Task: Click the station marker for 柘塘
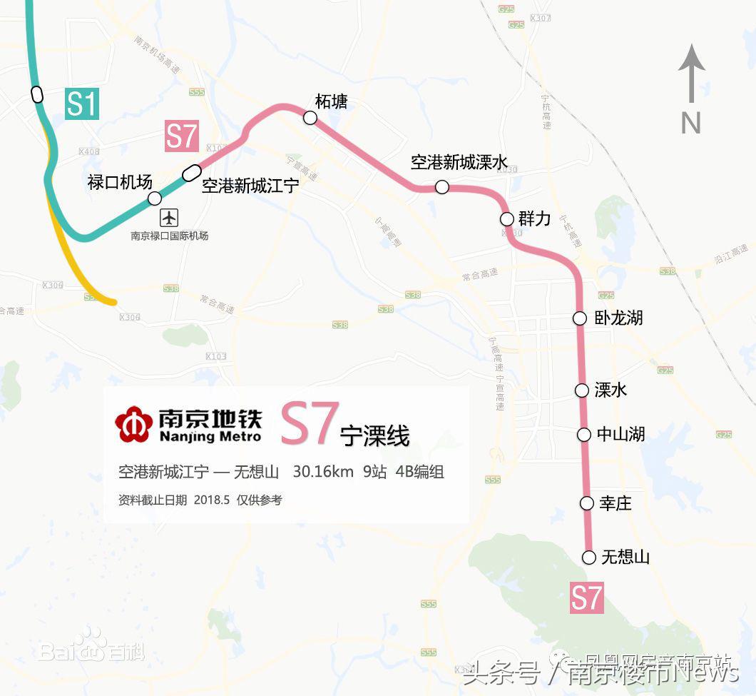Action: (310, 118)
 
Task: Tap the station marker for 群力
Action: (506, 218)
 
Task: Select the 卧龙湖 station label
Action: (618, 318)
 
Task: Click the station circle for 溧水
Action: (583, 390)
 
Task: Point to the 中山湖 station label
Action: (620, 433)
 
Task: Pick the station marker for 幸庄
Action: (586, 503)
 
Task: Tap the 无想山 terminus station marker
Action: (589, 558)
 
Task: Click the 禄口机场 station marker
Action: (154, 198)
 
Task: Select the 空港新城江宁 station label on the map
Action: (250, 186)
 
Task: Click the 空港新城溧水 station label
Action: (459, 163)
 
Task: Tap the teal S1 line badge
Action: (81, 104)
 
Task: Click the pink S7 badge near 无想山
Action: (587, 598)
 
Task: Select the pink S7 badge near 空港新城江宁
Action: (181, 136)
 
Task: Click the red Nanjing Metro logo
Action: (133, 424)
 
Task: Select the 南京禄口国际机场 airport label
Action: (170, 236)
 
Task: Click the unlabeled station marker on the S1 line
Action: (37, 94)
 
